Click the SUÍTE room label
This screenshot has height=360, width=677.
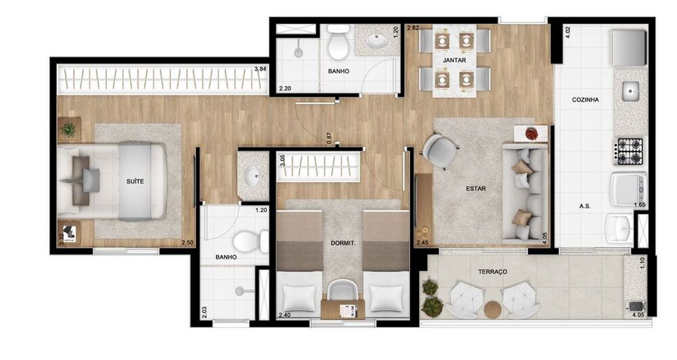135,181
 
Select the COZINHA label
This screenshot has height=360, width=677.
585,99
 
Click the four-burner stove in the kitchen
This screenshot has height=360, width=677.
630,151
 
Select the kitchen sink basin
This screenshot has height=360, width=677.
631,91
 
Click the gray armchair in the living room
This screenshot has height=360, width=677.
439,150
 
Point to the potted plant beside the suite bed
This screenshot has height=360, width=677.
68,129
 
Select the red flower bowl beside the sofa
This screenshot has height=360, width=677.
531,133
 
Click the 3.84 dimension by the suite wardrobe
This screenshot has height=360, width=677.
260,69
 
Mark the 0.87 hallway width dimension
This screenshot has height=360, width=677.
329,137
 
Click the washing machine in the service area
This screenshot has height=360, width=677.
628,189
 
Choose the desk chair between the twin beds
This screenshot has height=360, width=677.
342,292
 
